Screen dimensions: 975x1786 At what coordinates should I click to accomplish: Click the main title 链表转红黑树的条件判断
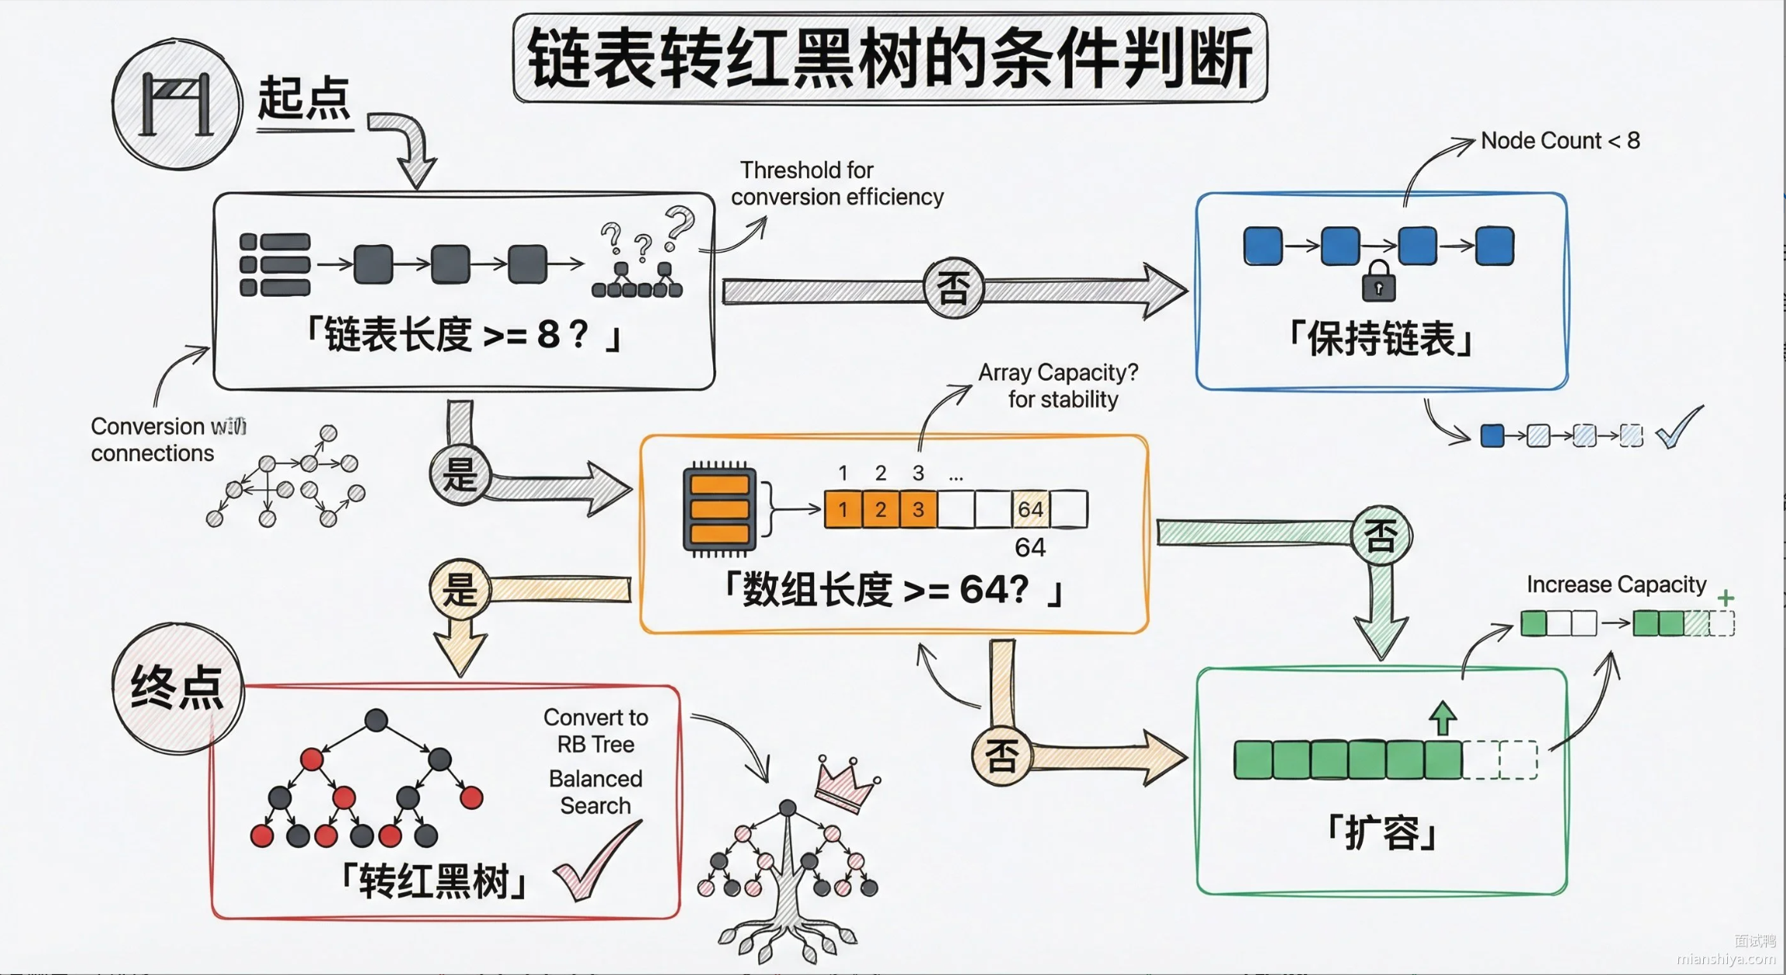(890, 58)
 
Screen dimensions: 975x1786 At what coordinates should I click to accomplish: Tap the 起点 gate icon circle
(176, 105)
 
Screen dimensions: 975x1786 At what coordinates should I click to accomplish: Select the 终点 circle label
(178, 687)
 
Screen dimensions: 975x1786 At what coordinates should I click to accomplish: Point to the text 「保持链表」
(1381, 339)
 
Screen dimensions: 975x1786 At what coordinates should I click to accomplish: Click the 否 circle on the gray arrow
(953, 289)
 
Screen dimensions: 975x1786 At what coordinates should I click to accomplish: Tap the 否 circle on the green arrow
(1381, 536)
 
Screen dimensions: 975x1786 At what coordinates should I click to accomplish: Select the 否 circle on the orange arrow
(1001, 756)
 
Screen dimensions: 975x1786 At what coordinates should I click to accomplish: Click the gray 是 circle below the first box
(460, 474)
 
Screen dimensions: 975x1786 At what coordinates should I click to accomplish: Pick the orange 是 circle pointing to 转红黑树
(460, 589)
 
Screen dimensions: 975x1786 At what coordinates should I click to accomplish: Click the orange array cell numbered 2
(881, 509)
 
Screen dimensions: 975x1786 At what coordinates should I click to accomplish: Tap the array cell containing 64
(1030, 509)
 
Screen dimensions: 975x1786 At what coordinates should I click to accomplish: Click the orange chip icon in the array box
(719, 509)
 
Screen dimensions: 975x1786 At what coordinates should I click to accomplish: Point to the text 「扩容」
(1382, 833)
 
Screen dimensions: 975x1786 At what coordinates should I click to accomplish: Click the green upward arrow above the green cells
(1442, 718)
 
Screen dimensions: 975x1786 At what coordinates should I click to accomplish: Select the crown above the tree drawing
(847, 783)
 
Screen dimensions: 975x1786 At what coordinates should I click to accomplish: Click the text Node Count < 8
(1560, 140)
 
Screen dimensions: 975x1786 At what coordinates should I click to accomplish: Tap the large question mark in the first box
(680, 226)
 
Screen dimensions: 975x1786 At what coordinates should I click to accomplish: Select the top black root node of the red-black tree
(376, 720)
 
